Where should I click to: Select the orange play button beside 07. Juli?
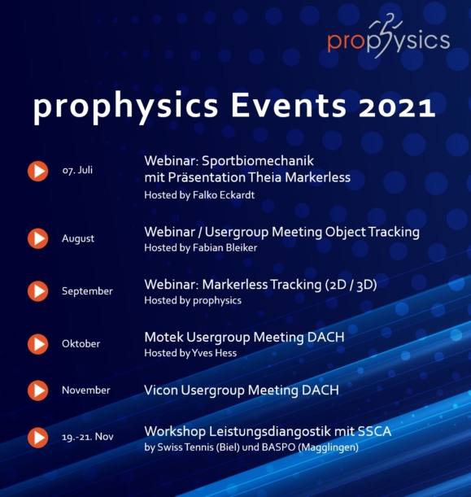tap(37, 172)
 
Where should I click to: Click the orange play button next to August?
tap(37, 238)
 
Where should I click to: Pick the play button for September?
tap(37, 290)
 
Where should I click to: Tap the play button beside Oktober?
tap(37, 343)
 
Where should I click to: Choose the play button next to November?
tap(37, 390)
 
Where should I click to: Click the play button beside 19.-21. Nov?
tap(37, 437)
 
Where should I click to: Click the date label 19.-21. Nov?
tap(86, 437)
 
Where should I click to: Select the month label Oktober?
tap(81, 343)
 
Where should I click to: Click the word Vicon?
tap(162, 390)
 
